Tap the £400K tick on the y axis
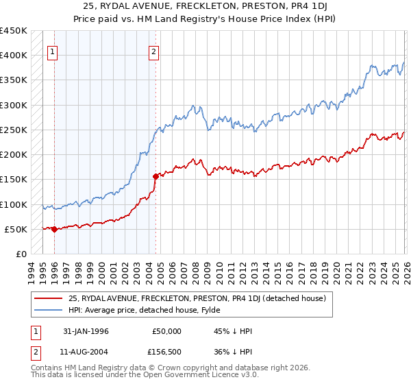point(13,56)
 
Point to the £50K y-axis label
point(16,230)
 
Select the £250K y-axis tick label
point(13,130)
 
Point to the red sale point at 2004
point(156,176)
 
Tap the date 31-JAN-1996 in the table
point(86,331)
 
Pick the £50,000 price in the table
point(166,331)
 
